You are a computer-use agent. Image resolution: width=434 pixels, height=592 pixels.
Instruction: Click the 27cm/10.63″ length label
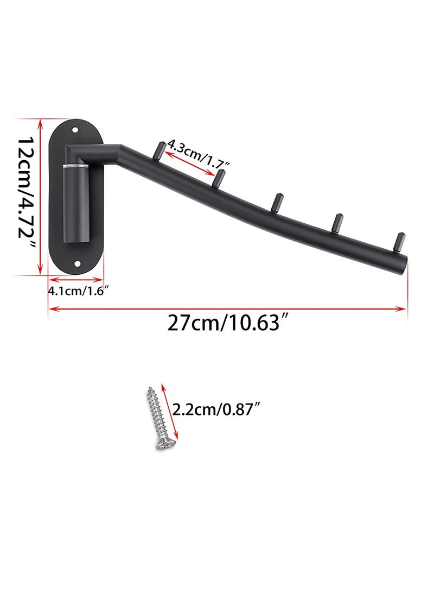tap(227, 324)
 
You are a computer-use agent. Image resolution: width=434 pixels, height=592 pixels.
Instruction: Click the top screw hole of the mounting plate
tap(76, 130)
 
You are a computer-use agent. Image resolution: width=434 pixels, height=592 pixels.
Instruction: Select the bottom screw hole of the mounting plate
tap(76, 264)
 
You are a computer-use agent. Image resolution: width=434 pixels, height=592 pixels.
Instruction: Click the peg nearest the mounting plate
tap(160, 150)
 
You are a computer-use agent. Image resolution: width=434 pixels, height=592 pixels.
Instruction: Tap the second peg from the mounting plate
tap(219, 178)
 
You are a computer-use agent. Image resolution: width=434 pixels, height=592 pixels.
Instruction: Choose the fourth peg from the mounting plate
tap(337, 222)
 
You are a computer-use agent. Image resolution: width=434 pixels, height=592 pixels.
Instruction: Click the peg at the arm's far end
tap(400, 241)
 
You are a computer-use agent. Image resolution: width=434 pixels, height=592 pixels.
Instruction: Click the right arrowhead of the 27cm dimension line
tap(402, 308)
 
